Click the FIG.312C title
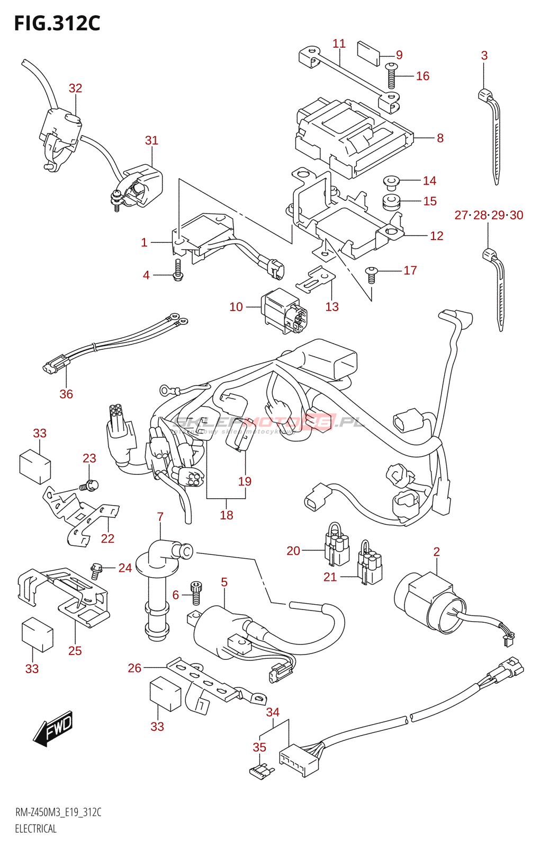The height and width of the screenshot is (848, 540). [x=57, y=23]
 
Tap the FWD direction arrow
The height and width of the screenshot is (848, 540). [x=53, y=729]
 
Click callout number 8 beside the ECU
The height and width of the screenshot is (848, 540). [x=440, y=138]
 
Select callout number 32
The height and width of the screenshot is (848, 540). [x=76, y=89]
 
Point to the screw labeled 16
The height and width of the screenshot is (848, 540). [x=391, y=75]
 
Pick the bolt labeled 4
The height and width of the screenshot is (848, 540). [x=178, y=270]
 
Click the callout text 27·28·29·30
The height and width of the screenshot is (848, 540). [x=489, y=215]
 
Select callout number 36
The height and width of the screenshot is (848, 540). [x=66, y=394]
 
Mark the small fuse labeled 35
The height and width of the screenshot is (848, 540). [x=261, y=772]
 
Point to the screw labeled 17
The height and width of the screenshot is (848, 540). [x=372, y=273]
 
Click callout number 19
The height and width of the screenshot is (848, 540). [x=245, y=482]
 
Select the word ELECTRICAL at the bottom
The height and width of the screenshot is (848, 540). [x=35, y=829]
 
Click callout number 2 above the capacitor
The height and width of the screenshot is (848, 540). [x=437, y=552]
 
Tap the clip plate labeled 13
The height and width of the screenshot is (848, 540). [x=316, y=279]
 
